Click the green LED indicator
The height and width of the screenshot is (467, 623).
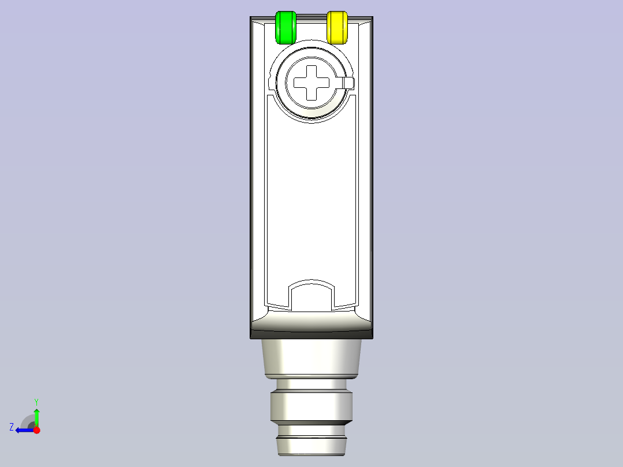pyautogui.click(x=285, y=27)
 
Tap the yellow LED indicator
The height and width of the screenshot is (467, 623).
pyautogui.click(x=338, y=27)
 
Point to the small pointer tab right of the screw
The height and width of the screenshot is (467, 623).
pyautogui.click(x=348, y=83)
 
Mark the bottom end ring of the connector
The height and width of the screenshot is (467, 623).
pyautogui.click(x=311, y=446)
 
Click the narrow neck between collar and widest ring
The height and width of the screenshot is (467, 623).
pyautogui.click(x=311, y=384)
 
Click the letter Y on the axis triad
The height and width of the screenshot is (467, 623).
pyautogui.click(x=36, y=401)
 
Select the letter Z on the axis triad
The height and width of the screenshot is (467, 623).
pyautogui.click(x=12, y=427)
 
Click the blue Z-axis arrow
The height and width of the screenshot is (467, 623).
pyautogui.click(x=23, y=430)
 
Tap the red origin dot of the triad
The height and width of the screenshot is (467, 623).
pyautogui.click(x=36, y=430)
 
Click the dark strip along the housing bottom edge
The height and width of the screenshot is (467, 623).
pyautogui.click(x=311, y=334)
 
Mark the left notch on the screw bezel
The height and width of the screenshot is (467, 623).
pyautogui.click(x=271, y=83)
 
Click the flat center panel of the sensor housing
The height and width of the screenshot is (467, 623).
pyautogui.click(x=311, y=202)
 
